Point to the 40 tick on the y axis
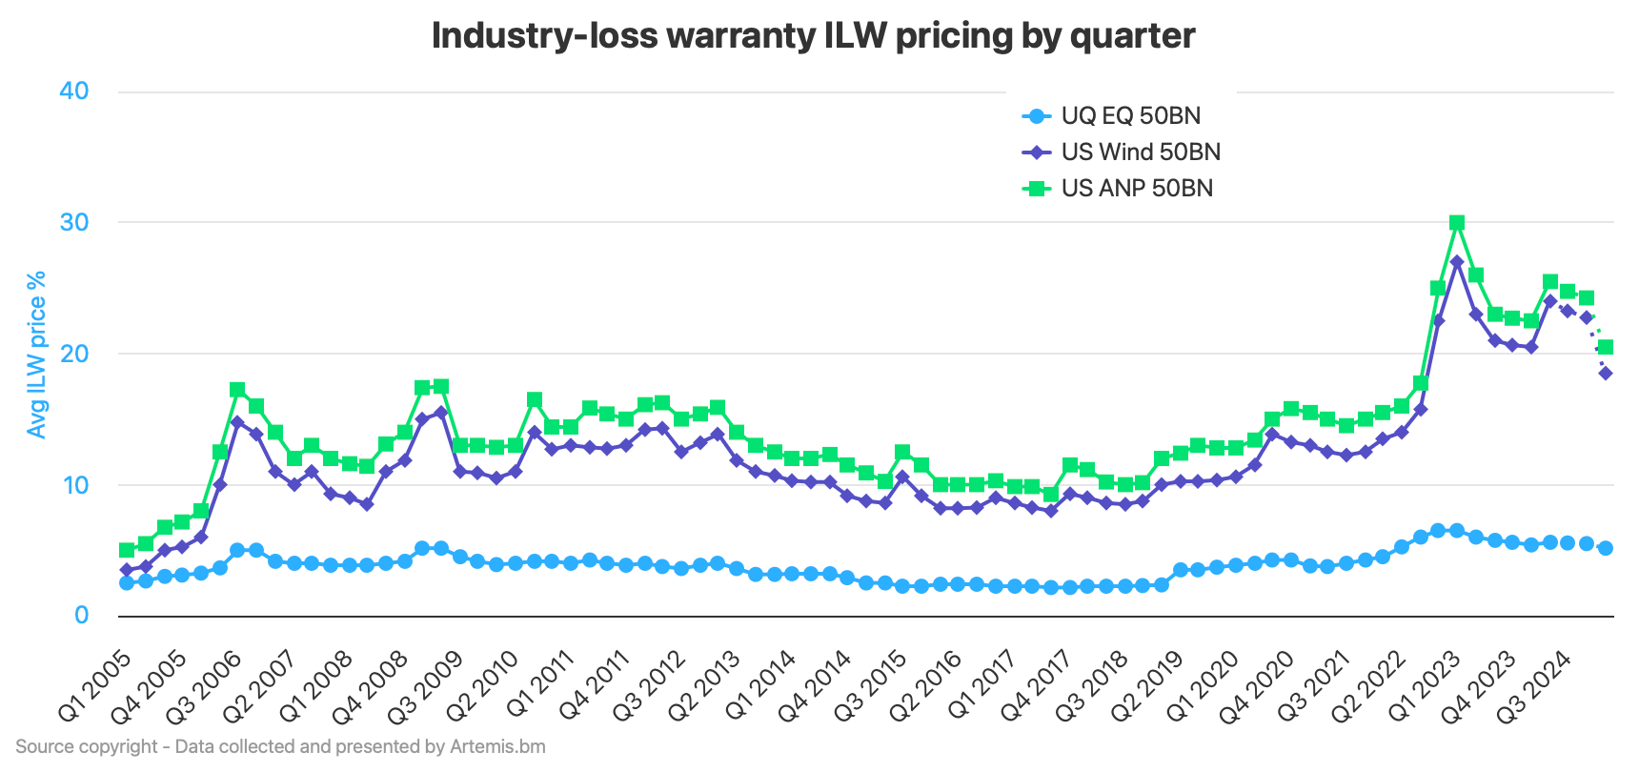[73, 91]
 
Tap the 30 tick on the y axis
[73, 223]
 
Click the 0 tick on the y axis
[82, 616]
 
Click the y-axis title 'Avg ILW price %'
[37, 355]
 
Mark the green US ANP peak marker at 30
[1457, 223]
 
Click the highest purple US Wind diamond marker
[1457, 261]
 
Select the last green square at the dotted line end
[1606, 347]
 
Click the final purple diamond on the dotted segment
[1606, 374]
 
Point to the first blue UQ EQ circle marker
[127, 582]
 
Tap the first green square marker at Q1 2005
[127, 550]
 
